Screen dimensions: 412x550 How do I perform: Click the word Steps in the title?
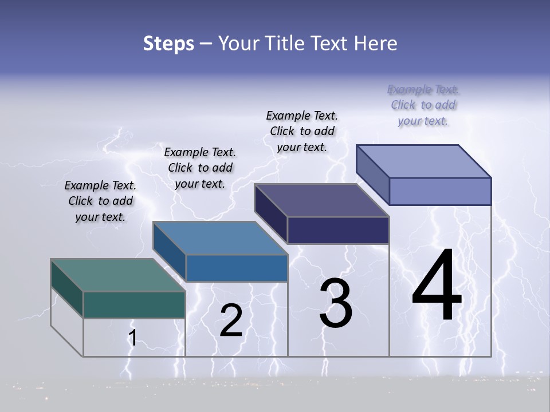[168, 43]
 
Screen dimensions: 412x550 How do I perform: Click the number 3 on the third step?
[336, 303]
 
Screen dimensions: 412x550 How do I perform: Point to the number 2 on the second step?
[231, 320]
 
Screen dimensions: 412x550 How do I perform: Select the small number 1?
[132, 338]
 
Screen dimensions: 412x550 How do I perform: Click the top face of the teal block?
[117, 275]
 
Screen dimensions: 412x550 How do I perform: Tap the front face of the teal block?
[134, 305]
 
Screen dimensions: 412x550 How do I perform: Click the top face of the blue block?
[220, 238]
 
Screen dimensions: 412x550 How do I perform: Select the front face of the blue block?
[237, 268]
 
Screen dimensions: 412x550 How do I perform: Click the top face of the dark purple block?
[321, 200]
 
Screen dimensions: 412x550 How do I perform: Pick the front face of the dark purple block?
[338, 230]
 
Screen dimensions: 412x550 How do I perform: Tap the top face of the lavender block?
[423, 161]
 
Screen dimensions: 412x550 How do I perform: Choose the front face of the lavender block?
[440, 191]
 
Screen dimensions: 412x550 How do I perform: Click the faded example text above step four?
[423, 105]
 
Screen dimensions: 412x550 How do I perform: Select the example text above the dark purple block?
[302, 132]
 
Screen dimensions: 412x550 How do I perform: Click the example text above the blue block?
[200, 168]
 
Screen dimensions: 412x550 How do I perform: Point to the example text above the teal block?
[100, 201]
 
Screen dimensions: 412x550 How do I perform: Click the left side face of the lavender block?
[372, 175]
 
